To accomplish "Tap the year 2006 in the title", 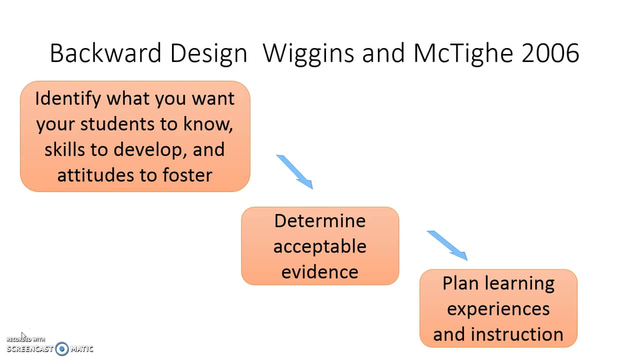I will (550, 53).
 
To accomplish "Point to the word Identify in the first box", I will (67, 98).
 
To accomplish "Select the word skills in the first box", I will (62, 149).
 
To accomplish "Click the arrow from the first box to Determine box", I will (295, 172).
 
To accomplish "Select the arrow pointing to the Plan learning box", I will (447, 245).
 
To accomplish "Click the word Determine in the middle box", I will (320, 220).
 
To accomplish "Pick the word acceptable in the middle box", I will (320, 246).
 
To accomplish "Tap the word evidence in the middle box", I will (320, 271).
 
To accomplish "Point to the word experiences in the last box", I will (498, 308).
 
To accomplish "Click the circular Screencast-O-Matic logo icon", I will (62, 348).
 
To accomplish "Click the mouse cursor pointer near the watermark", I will (23, 336).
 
